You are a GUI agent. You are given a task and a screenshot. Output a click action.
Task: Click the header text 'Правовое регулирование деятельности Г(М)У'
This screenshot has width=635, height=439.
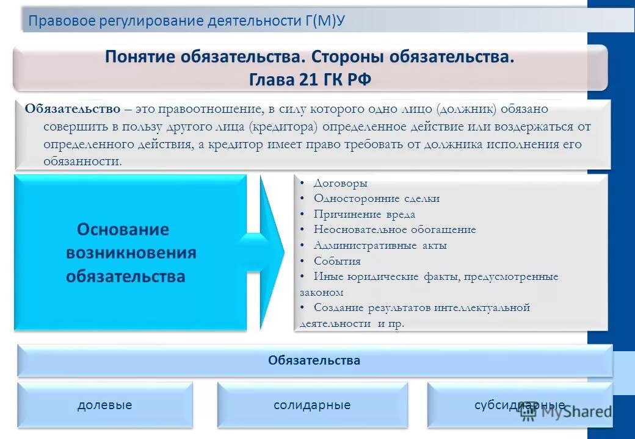click(187, 21)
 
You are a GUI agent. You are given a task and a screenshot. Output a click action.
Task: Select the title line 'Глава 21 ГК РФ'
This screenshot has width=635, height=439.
click(310, 80)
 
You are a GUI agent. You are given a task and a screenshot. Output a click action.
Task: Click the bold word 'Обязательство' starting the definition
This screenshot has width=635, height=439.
click(73, 109)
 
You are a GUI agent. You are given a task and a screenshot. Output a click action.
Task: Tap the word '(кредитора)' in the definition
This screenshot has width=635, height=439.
click(283, 127)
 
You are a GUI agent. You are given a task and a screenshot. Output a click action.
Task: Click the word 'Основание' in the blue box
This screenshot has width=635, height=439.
click(123, 230)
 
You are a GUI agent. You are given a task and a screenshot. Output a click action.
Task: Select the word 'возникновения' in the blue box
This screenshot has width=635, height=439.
click(131, 253)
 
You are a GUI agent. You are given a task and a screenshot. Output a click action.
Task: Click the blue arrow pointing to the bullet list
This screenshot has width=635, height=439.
click(269, 251)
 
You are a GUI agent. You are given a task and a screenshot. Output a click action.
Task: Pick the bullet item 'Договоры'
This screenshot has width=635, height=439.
click(340, 183)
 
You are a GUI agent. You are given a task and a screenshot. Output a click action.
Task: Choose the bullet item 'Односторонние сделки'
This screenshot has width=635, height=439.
click(376, 199)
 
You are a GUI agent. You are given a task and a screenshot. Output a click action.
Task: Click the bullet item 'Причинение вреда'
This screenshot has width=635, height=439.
click(365, 215)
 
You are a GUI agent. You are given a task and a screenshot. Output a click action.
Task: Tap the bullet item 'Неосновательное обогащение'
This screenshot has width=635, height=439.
click(394, 230)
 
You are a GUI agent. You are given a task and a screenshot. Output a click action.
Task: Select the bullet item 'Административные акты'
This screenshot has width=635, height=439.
click(380, 246)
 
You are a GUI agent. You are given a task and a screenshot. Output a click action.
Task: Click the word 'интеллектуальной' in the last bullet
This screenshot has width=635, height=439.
click(482, 308)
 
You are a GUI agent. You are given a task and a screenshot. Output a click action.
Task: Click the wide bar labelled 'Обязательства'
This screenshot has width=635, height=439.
click(314, 360)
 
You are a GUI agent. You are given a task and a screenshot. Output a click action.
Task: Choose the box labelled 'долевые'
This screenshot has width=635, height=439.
click(104, 405)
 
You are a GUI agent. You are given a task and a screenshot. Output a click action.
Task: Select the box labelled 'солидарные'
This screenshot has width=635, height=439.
click(312, 405)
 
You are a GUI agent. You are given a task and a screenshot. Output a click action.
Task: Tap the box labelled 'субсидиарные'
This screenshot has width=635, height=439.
click(519, 405)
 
